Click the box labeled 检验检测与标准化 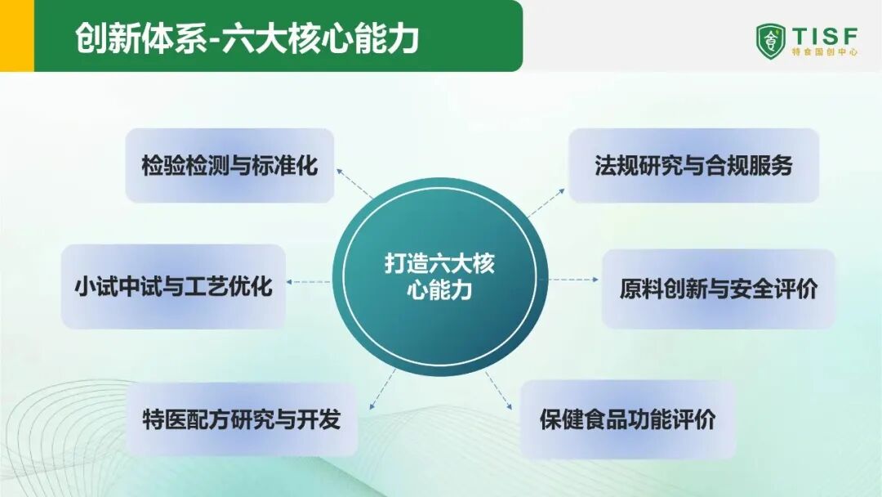tap(229, 165)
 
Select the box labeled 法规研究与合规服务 tap(693, 165)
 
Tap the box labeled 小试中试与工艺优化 tap(173, 286)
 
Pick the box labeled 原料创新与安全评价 tap(719, 289)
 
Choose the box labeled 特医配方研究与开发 tap(242, 419)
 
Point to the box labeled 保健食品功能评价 tap(628, 419)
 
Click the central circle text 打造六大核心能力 tap(439, 276)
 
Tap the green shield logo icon tap(771, 41)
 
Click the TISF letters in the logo tap(825, 36)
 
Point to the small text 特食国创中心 tap(825, 51)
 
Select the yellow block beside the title tap(17, 35)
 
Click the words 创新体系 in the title tap(141, 38)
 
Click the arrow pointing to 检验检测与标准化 tap(354, 183)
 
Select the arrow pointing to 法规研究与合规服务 tap(546, 204)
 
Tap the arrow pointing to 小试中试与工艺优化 tap(308, 282)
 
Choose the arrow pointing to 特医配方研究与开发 tap(382, 389)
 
